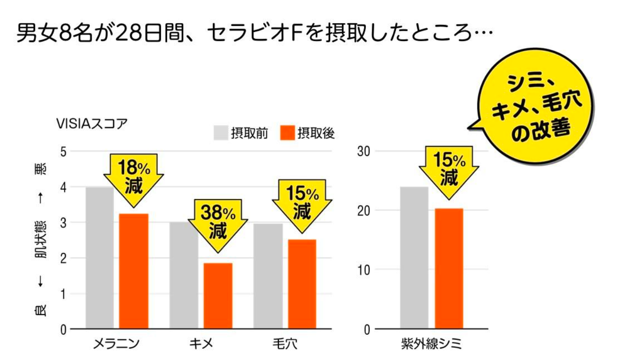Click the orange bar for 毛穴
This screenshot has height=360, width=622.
tap(302, 283)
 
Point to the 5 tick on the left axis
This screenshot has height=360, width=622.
tap(63, 151)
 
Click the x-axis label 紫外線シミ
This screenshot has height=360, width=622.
tap(431, 343)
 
